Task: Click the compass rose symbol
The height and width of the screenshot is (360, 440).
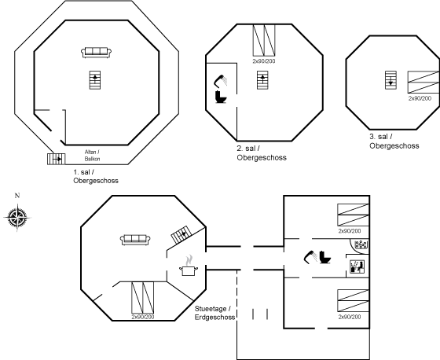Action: coord(17,218)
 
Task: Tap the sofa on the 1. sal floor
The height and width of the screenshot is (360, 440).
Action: coord(96,53)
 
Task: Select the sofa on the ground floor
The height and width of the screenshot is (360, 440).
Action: coord(135,240)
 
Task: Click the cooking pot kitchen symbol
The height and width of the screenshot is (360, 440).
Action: coord(189,266)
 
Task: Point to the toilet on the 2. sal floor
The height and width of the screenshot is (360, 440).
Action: coord(221,97)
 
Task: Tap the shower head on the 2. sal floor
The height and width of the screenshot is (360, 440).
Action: coord(220,81)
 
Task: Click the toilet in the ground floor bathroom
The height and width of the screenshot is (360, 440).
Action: coord(325,257)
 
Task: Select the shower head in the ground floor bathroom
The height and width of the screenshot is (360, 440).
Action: coord(310,257)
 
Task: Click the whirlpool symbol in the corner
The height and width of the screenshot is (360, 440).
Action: coord(361,244)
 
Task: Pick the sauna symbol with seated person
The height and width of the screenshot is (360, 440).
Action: coord(357,266)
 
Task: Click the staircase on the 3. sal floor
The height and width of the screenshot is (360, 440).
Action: coord(390,80)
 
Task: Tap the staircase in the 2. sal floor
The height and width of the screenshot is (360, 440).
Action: coord(262,80)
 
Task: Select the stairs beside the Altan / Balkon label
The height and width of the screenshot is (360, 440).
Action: coord(56,159)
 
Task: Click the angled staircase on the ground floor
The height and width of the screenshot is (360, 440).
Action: coord(181,234)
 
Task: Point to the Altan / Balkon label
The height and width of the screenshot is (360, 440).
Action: coord(93,156)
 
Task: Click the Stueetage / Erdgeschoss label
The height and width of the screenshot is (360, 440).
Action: coord(215,313)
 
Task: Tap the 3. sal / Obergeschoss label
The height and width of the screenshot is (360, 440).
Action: coord(394,141)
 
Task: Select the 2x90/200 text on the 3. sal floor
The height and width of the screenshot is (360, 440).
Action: coord(420,98)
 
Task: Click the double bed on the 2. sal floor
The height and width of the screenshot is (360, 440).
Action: coord(264,40)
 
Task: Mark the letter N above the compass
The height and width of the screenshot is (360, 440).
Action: coord(17,196)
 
